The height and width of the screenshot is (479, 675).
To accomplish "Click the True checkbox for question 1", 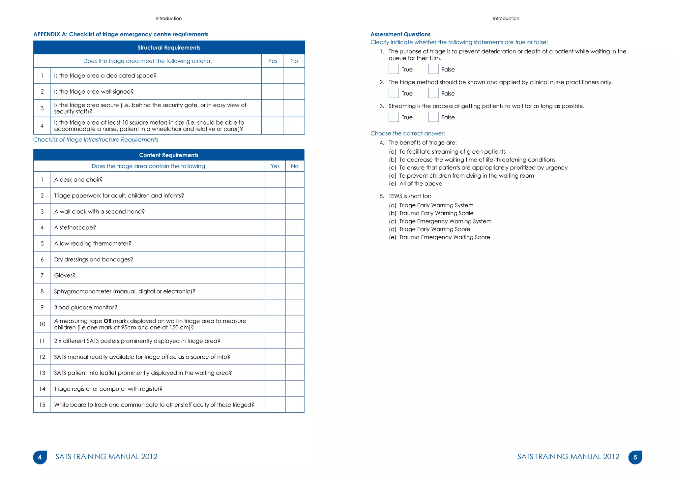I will [394, 69].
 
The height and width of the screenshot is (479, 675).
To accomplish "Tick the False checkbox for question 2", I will [433, 93].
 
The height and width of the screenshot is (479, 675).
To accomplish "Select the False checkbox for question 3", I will [433, 117].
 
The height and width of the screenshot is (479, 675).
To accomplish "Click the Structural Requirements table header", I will [169, 47].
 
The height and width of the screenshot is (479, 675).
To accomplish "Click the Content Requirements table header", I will [169, 155].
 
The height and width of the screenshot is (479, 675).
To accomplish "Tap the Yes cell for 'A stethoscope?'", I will [275, 227].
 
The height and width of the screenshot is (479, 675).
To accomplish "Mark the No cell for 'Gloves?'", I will [295, 275].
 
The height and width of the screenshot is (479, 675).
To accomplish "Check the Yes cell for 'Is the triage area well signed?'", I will [273, 92].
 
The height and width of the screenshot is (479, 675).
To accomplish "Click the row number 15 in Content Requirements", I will [42, 405].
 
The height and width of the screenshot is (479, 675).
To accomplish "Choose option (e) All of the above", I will [421, 184].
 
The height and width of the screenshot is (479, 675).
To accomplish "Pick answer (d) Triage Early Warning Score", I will [434, 229].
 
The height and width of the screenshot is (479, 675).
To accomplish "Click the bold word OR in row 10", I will [107, 321].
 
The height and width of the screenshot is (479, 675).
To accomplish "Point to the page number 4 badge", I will [40, 457].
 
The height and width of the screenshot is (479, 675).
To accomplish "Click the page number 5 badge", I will [635, 457].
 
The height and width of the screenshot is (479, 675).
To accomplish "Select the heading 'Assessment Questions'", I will [400, 34].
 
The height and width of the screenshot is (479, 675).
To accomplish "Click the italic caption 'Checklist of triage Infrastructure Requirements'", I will [96, 140].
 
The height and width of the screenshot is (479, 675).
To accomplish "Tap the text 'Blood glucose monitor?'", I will [86, 307].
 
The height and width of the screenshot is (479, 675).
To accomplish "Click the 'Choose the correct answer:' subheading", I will [407, 134].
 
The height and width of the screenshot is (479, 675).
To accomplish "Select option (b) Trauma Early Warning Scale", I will [436, 213].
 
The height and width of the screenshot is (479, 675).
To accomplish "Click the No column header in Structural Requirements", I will [294, 61].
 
